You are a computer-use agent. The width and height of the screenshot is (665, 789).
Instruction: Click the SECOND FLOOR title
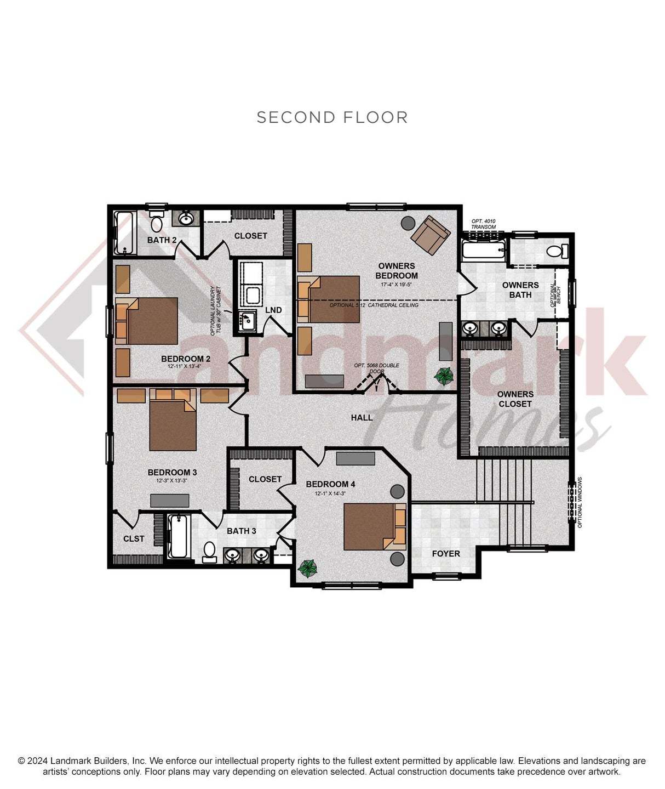(x=332, y=117)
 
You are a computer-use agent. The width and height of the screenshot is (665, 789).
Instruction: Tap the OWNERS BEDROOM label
(x=397, y=271)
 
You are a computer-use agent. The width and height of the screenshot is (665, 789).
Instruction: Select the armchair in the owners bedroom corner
(x=431, y=235)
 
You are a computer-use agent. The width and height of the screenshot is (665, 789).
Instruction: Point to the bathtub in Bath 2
(x=124, y=233)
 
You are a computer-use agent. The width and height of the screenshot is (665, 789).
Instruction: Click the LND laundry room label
(x=273, y=310)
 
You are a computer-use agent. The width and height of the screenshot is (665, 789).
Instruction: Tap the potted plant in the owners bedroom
(x=444, y=376)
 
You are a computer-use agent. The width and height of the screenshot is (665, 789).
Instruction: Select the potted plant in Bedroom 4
(x=307, y=567)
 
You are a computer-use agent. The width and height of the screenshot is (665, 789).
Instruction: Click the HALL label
(x=362, y=418)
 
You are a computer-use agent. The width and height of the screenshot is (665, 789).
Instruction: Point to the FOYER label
(x=446, y=554)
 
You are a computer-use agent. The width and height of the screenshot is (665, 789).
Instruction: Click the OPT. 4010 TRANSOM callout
(x=483, y=224)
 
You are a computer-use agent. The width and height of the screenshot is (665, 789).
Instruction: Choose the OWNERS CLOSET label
(x=515, y=399)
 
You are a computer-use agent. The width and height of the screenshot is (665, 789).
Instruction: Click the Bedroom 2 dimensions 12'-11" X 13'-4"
(x=186, y=366)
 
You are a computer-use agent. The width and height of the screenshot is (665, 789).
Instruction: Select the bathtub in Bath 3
(x=178, y=536)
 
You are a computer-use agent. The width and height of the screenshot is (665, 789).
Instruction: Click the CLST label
(x=134, y=539)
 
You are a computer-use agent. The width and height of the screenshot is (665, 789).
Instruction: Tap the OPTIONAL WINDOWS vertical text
(x=580, y=502)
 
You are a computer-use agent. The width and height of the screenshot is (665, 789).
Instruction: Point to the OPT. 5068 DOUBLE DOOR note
(x=376, y=368)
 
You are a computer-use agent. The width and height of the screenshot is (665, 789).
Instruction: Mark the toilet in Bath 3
(x=209, y=552)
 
